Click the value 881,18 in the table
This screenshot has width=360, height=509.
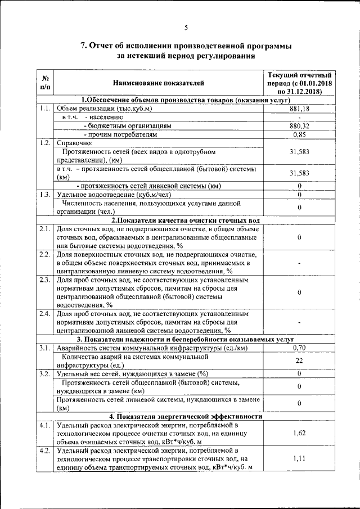pos(299,108)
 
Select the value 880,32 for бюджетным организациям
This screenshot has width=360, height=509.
pos(299,126)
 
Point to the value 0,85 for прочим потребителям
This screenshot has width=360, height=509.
pos(299,134)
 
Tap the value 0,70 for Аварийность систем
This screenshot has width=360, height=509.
pos(299,348)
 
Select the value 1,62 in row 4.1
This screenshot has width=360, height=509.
pos(299,433)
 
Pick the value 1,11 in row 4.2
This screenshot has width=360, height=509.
pos(299,459)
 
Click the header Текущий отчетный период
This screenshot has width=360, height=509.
pos(299,83)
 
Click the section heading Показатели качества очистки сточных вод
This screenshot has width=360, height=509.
pos(186,220)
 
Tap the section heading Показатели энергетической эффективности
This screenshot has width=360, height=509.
pos(186,416)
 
